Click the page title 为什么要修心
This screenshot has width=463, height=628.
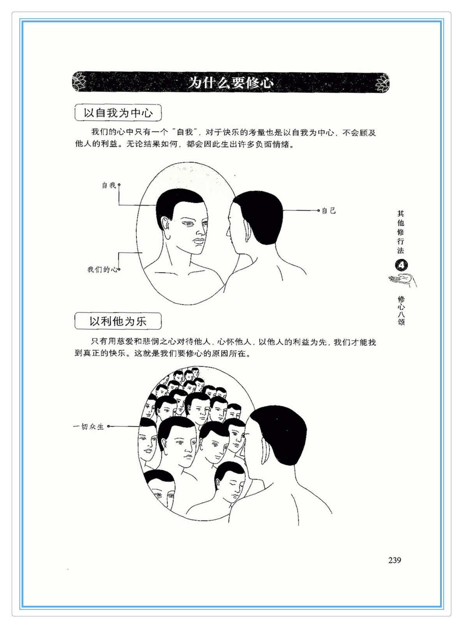coord(231,82)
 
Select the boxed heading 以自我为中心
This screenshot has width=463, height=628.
coord(118,113)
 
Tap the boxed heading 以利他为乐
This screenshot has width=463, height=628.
coord(118,321)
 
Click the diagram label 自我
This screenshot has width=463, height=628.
coord(109,185)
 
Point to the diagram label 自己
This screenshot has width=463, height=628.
coord(329,211)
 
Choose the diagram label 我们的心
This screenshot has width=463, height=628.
coord(102,269)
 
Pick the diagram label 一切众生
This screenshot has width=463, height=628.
coord(88,426)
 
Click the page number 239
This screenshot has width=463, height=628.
coord(394,560)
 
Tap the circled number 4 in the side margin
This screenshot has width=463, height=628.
coord(401,265)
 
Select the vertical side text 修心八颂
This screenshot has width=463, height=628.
coord(401,311)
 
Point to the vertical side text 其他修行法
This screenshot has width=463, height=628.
coord(401,232)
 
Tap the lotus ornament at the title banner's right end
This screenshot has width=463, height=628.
coord(383,83)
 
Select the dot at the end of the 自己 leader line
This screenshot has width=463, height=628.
coord(318,211)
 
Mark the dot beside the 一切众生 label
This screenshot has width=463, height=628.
coord(108,426)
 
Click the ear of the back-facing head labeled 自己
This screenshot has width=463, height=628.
coord(248,230)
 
